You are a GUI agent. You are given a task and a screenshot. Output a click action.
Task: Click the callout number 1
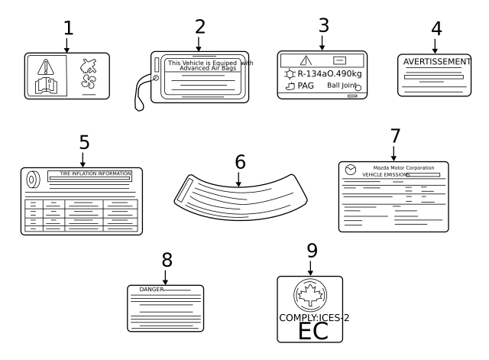(x=68, y=28)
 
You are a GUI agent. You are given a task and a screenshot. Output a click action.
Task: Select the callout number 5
(x=84, y=142)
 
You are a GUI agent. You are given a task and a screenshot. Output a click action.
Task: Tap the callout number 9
(x=311, y=250)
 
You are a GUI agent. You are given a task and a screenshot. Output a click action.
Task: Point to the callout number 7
(x=394, y=135)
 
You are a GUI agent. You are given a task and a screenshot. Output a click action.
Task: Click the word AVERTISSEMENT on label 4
(x=435, y=61)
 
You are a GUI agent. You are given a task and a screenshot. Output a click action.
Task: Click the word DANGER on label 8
(x=151, y=290)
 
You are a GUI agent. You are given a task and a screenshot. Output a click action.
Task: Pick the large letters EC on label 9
(x=310, y=331)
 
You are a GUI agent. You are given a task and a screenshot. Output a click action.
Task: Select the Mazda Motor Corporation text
(x=403, y=167)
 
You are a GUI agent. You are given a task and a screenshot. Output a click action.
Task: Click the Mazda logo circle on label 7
(x=351, y=169)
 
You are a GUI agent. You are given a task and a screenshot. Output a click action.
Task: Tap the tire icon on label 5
(x=34, y=180)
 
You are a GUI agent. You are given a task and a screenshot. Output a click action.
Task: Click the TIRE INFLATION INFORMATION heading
(x=96, y=174)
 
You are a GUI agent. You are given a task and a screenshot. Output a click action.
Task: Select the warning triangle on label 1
(x=47, y=66)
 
